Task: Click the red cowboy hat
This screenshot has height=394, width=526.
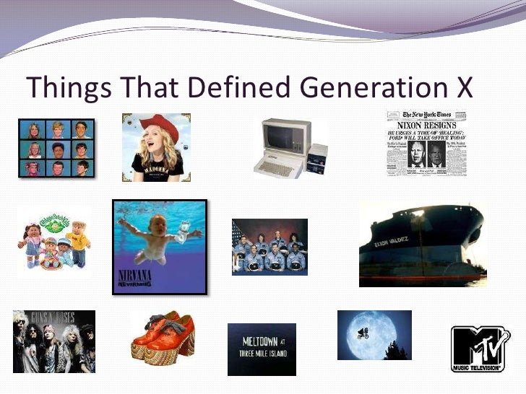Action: pyautogui.click(x=160, y=127)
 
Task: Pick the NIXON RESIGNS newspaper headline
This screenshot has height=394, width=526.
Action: pyautogui.click(x=426, y=126)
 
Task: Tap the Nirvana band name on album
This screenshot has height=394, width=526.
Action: pyautogui.click(x=135, y=278)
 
